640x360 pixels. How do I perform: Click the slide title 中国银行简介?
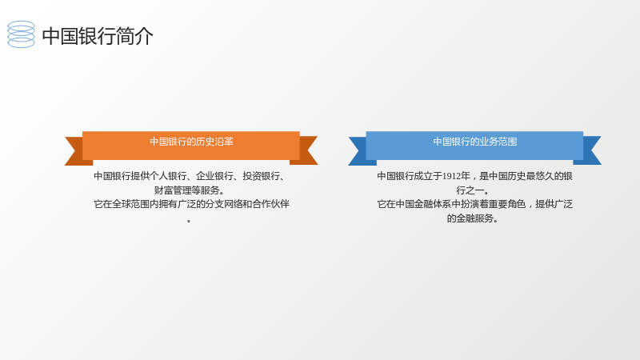[98, 36]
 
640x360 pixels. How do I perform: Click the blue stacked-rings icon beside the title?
[22, 34]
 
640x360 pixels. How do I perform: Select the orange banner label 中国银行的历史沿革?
[191, 142]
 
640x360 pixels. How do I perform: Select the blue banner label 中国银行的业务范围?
[474, 142]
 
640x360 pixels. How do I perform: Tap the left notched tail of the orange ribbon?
[75, 151]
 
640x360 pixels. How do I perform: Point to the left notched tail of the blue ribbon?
[359, 151]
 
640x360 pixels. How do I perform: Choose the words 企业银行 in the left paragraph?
[214, 176]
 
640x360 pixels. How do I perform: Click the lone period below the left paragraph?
[189, 222]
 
